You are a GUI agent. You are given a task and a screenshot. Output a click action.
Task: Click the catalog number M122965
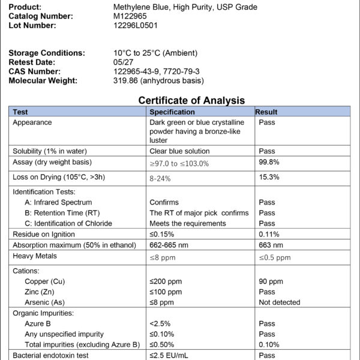coord(130,16)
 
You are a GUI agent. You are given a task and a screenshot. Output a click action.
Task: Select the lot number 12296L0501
coord(136,25)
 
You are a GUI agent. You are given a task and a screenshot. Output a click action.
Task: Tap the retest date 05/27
coord(124,62)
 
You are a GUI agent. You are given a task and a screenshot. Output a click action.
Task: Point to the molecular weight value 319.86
coord(126,80)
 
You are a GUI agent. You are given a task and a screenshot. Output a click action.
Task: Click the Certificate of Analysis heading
coord(191,100)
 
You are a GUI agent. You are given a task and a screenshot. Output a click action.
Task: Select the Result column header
coord(266,112)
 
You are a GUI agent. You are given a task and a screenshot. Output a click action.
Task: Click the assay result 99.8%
coord(269,162)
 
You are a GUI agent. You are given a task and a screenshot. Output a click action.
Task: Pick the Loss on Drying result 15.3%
coord(269,177)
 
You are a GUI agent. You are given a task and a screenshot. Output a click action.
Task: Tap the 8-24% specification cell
coord(161,178)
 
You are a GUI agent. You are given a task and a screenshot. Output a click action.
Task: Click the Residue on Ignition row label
coord(44,234)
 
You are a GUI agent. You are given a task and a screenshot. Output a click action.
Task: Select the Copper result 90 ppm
coord(271,281)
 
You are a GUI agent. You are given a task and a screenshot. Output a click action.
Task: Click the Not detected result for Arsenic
coord(280,302)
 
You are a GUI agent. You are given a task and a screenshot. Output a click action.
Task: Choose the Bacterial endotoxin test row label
coord(50,355)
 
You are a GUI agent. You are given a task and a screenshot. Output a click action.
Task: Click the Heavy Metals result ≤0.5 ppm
coord(274,257)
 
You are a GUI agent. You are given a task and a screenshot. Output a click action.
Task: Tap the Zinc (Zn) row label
coord(44,292)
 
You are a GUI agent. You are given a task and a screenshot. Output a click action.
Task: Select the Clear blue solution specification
coord(179,151)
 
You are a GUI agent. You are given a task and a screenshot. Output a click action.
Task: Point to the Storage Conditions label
coord(47,53)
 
